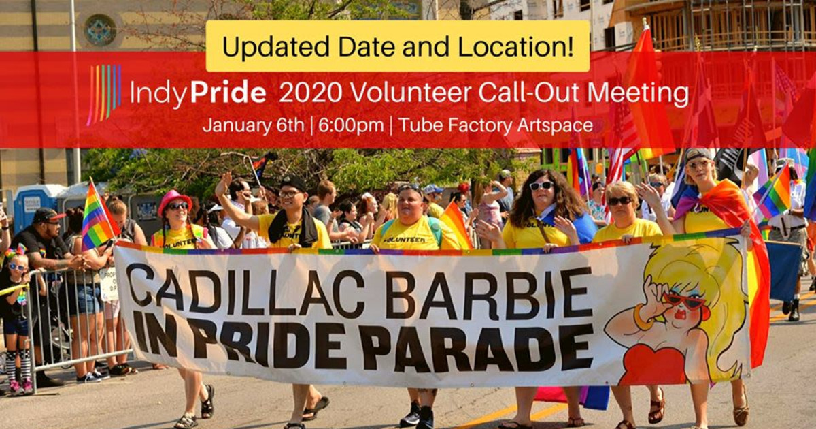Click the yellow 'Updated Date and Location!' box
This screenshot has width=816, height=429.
(397, 46)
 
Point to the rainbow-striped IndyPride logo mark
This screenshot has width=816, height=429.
(104, 94)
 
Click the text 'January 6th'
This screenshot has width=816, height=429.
(254, 125)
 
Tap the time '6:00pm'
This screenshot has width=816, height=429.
(350, 125)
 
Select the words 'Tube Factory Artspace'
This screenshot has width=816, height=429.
(496, 125)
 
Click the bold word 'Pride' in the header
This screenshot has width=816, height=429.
(228, 94)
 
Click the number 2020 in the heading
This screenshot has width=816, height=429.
(310, 93)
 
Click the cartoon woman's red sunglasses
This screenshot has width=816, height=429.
(684, 300)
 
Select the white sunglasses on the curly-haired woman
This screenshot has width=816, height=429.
(541, 186)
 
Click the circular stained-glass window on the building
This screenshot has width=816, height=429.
(100, 30)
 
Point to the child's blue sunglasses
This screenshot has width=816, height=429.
(17, 267)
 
